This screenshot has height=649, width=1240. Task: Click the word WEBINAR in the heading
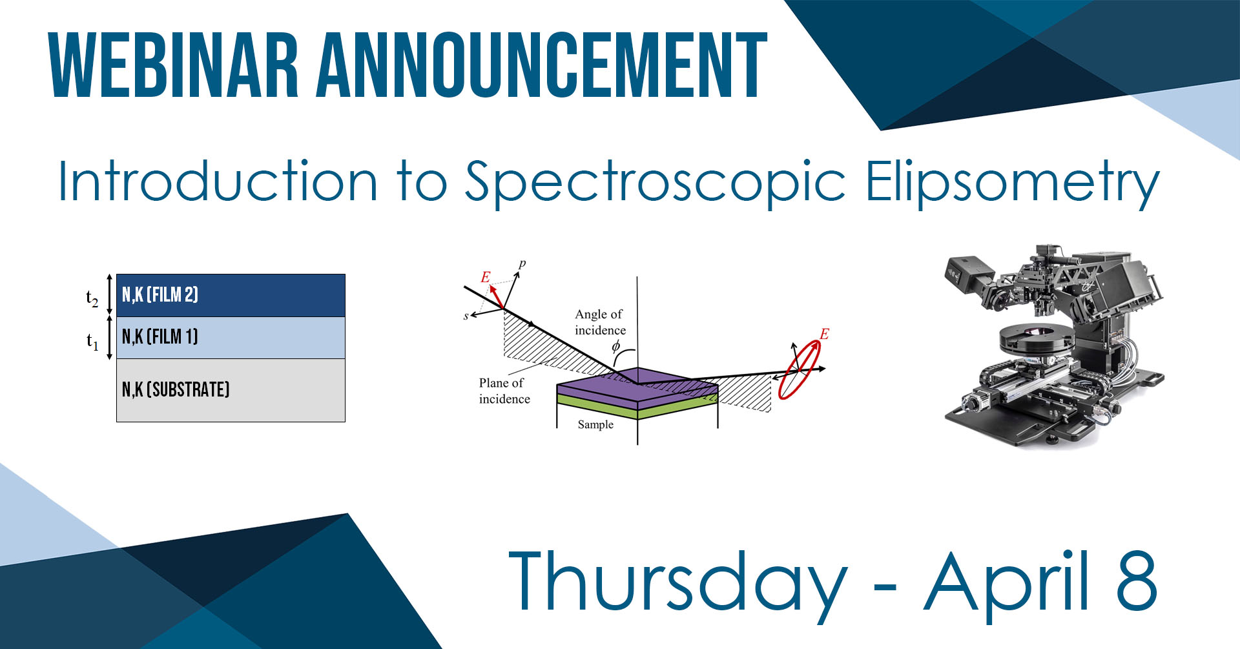click(174, 65)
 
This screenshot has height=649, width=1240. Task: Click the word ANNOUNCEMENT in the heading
click(541, 65)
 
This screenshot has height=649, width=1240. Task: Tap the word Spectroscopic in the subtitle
click(655, 183)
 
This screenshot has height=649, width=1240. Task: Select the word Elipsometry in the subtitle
click(1012, 183)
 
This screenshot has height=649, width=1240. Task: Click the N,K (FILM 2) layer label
click(160, 295)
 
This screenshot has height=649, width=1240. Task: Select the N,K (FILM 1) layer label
click(160, 336)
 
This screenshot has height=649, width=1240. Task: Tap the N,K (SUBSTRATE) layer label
click(176, 389)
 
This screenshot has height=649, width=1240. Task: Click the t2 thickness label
click(92, 298)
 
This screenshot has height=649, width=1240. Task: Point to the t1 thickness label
click(92, 341)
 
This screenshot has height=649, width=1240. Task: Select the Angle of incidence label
click(600, 322)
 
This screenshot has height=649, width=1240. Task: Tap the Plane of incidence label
click(504, 391)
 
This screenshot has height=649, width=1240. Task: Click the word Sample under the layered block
click(595, 424)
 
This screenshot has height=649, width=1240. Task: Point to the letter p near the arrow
click(522, 263)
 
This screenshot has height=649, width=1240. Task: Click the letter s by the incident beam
click(466, 316)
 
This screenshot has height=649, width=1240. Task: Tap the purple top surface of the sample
click(637, 386)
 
